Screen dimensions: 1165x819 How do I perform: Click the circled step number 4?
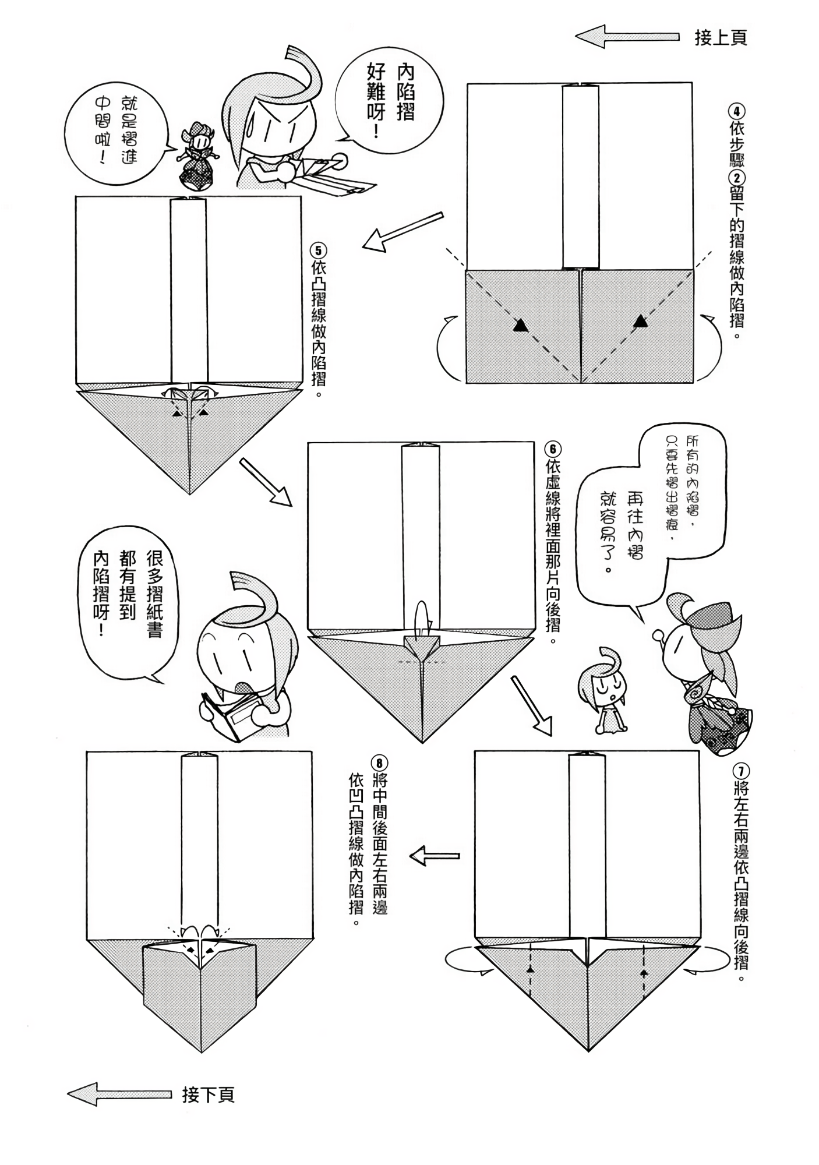pyautogui.click(x=737, y=111)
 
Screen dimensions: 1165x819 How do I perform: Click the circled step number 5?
pyautogui.click(x=319, y=251)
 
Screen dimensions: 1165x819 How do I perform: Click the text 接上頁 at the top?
pyautogui.click(x=721, y=38)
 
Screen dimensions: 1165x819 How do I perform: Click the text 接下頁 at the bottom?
pyautogui.click(x=208, y=1095)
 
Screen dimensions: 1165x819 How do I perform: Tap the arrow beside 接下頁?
pyautogui.click(x=119, y=1095)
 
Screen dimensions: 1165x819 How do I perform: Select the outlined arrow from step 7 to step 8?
pyautogui.click(x=435, y=856)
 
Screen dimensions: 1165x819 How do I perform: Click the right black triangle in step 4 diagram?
pyautogui.click(x=640, y=320)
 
